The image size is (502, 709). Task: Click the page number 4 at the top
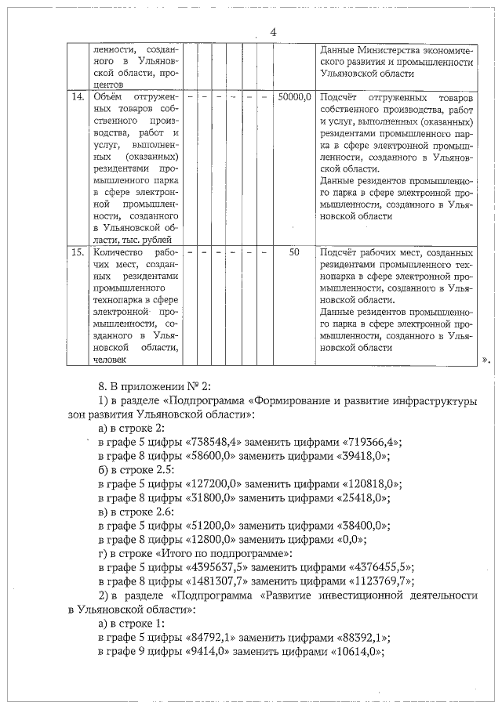273,31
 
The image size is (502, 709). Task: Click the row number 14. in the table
78,97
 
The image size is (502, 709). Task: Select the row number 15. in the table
78,253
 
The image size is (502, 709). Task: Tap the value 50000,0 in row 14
294,97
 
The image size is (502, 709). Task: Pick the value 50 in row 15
294,253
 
